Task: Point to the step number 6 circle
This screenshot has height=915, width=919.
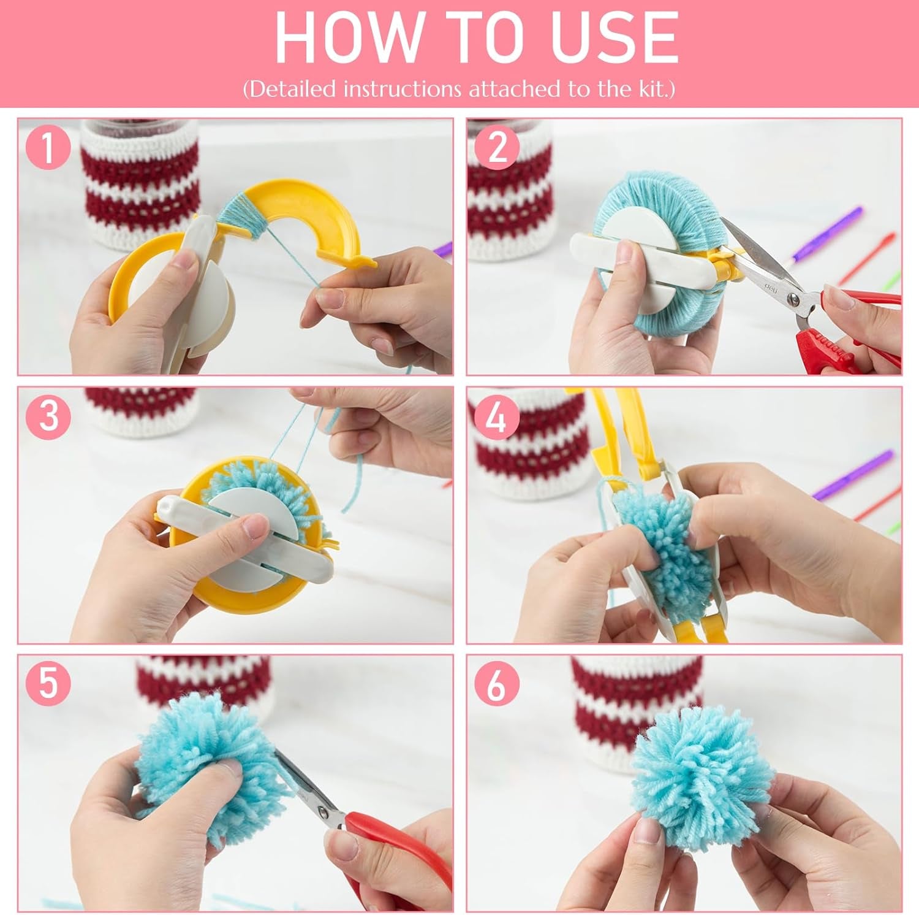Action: pos(497,684)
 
